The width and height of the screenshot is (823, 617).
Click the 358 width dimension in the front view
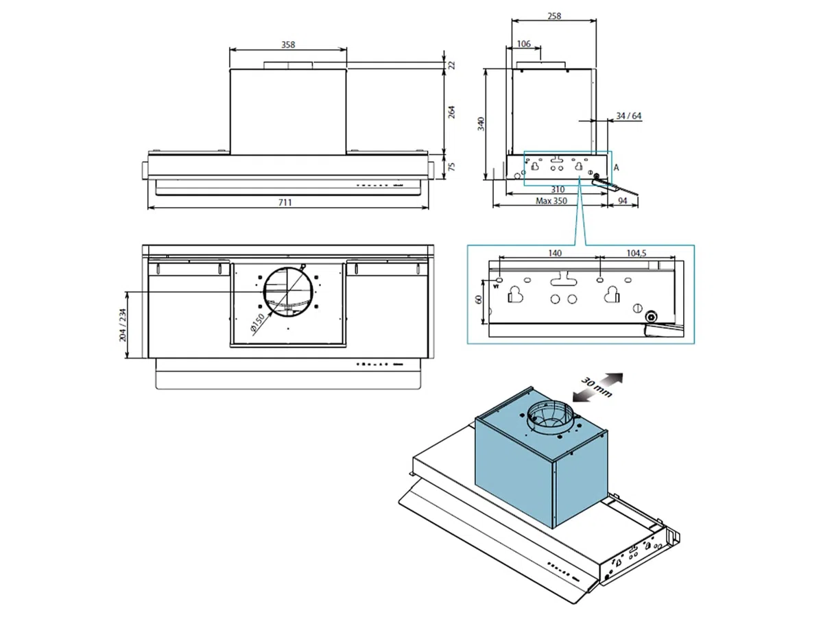pos(288,45)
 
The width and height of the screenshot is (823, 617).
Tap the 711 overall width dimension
pos(285,202)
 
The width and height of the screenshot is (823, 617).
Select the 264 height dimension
pos(452,112)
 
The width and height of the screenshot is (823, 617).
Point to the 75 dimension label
pos(452,167)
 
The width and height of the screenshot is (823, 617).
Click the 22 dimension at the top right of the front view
pos(452,65)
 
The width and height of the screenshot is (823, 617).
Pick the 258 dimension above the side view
pos(554,16)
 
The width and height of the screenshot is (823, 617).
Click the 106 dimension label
pos(523,44)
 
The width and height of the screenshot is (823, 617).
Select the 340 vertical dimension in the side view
pos(481,124)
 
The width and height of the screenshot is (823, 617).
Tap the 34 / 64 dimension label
pos(628,116)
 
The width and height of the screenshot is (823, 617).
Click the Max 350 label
pos(551,201)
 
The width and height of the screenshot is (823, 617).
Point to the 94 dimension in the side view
pos(623,201)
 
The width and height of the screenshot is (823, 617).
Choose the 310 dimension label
pos(558,190)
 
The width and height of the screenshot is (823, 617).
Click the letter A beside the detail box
pos(616,167)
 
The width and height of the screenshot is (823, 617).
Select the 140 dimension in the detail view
pos(555,253)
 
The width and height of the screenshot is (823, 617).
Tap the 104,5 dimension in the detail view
pos(636,253)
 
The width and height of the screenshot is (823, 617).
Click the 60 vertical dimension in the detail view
pos(479,300)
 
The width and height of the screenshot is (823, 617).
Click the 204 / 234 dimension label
pos(123,325)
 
